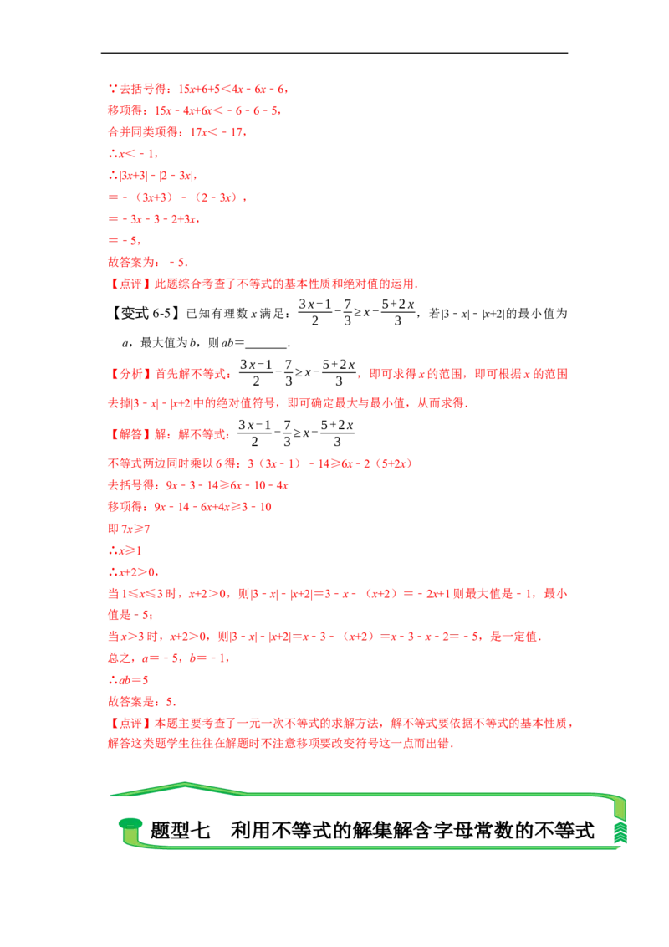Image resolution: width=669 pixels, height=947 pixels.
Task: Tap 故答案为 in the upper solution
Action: click(x=126, y=263)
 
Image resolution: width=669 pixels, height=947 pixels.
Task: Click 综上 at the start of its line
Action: click(x=115, y=658)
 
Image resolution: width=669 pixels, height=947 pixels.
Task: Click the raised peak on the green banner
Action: click(x=184, y=785)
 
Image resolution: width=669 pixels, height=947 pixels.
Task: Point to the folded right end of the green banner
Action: click(x=620, y=820)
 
